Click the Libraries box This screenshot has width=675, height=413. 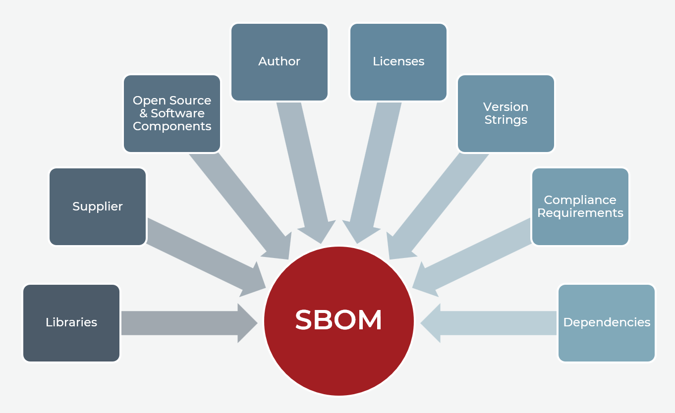pos(71,322)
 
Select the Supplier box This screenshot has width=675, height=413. pos(98,206)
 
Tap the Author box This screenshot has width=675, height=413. pos(279,61)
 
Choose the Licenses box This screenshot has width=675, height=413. pos(398,61)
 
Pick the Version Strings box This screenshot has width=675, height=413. pos(506,113)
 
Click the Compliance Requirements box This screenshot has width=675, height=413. pos(580,206)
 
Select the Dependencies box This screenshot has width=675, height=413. pos(607,322)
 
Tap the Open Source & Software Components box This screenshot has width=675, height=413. pos(172,113)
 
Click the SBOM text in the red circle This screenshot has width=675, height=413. pos(338,320)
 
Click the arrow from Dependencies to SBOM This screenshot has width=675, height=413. pos(491,323)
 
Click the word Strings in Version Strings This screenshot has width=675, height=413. pos(506,120)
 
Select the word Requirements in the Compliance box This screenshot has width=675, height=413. pos(580,213)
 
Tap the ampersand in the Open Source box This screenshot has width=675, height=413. pos(137,113)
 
